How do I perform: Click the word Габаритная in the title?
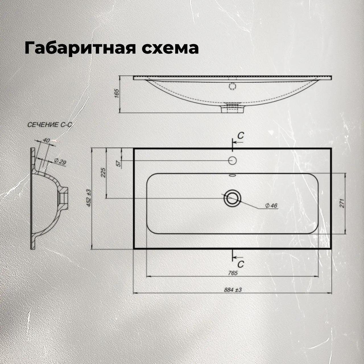[80, 49]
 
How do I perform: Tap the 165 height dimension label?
[117, 93]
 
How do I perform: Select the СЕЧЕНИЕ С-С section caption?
[50, 125]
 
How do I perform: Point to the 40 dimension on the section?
[46, 140]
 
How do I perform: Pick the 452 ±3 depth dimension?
[89, 198]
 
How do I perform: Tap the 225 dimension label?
[103, 172]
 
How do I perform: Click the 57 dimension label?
[118, 163]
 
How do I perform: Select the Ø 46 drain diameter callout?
[271, 206]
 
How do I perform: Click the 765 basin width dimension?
[233, 273]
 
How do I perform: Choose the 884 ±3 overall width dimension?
[233, 289]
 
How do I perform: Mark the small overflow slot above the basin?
[232, 175]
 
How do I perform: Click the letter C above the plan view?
[241, 135]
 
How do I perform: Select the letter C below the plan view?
[241, 264]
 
